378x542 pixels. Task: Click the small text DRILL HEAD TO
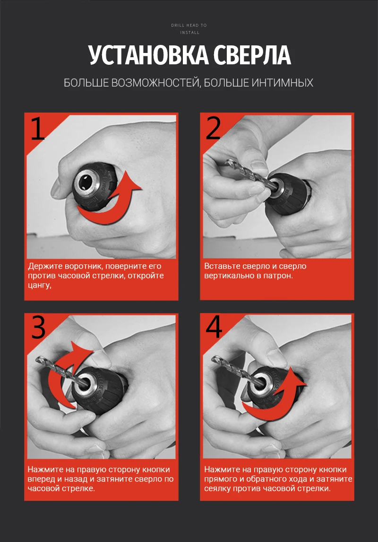[189, 25]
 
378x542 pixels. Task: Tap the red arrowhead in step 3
[81, 351]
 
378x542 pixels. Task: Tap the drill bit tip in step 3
[38, 360]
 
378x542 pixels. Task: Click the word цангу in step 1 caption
[40, 286]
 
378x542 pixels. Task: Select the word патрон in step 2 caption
[277, 276]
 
